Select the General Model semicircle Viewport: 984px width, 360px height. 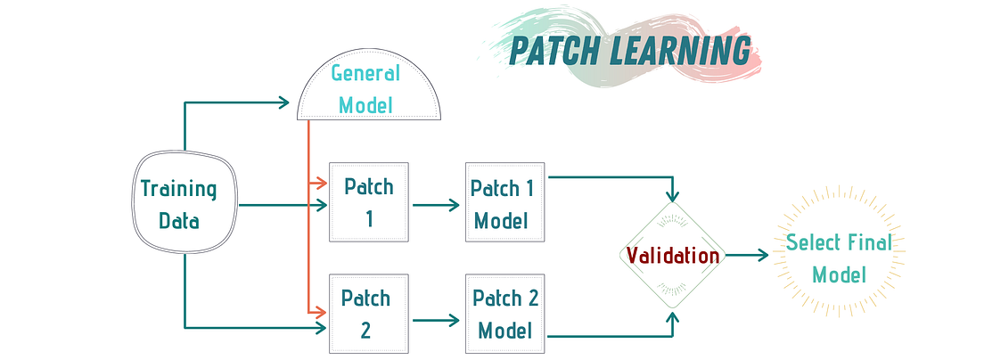(x=369, y=89)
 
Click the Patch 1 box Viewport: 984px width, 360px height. (x=369, y=202)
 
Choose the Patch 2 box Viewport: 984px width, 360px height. (x=369, y=314)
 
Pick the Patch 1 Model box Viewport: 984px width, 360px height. (x=504, y=202)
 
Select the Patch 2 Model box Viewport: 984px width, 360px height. (x=504, y=314)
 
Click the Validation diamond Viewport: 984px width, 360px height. (x=673, y=256)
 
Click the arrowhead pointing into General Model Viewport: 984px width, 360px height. (x=284, y=102)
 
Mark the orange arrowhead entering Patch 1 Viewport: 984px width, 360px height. (x=322, y=184)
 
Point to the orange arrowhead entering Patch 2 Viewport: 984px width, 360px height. (x=322, y=313)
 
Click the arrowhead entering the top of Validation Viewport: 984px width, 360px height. (x=673, y=195)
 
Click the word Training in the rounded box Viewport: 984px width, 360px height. (x=178, y=189)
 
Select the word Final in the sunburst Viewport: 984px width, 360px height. (x=865, y=242)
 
